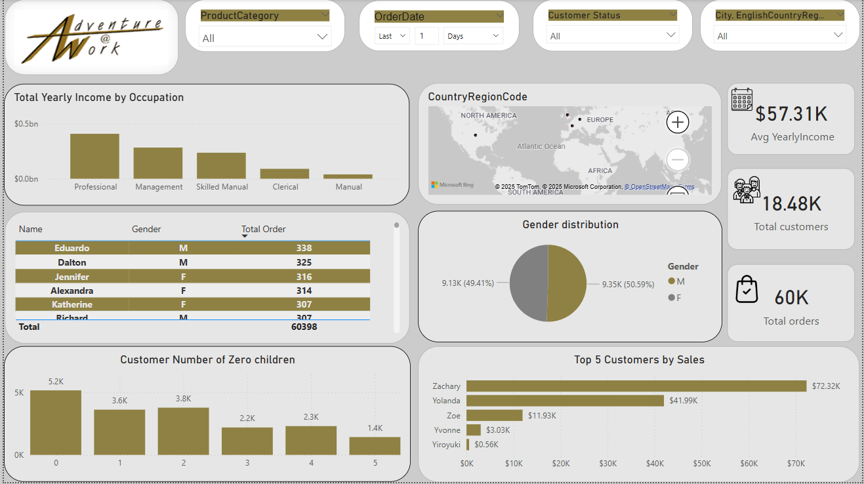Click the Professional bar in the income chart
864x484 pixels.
coord(94,156)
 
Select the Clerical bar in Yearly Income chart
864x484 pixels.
coord(285,174)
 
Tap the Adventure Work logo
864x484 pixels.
coord(92,38)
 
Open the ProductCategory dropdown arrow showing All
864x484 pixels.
coord(322,37)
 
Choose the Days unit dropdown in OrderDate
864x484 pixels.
coord(473,36)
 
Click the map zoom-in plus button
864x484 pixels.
coord(677,122)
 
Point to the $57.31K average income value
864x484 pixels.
coord(791,114)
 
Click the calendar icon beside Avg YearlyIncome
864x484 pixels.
coord(742,100)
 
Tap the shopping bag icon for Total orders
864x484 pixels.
coord(747,290)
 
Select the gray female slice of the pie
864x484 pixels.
coord(529,283)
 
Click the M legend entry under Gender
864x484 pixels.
coord(676,281)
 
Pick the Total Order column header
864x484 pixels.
coord(264,229)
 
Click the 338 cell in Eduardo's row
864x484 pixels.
coord(304,248)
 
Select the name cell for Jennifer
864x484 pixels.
coord(72,277)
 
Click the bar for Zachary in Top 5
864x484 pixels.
coord(636,386)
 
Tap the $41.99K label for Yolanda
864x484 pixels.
coord(683,401)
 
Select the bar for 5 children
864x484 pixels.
coord(375,446)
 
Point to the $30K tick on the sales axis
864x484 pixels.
coord(607,464)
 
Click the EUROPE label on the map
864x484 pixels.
coord(600,120)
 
